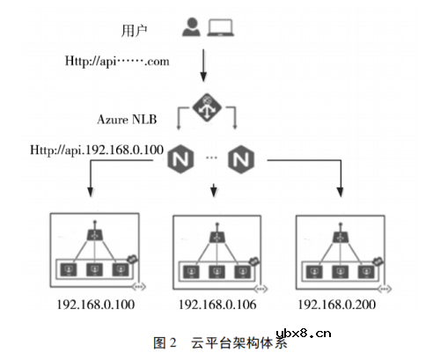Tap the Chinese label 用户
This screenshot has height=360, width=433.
(x=132, y=31)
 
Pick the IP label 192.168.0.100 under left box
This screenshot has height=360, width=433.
(x=94, y=305)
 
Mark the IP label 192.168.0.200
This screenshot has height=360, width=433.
(x=336, y=305)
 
